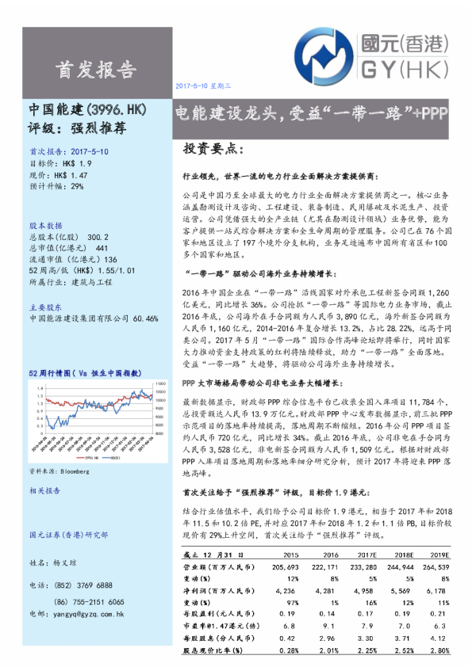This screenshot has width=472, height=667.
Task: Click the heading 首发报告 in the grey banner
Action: pyautogui.click(x=94, y=70)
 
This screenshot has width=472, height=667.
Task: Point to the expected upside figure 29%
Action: pyautogui.click(x=77, y=187)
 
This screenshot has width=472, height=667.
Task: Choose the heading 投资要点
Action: pyautogui.click(x=214, y=149)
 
